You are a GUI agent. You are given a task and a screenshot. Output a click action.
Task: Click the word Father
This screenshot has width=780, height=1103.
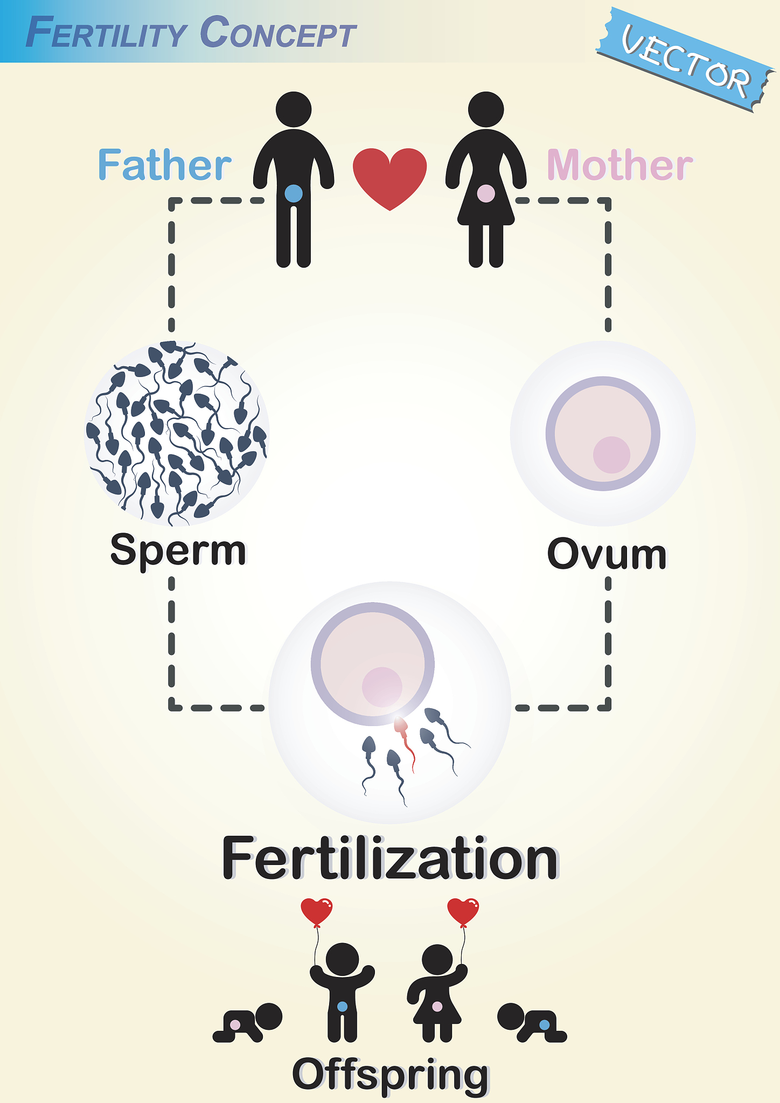tap(164, 165)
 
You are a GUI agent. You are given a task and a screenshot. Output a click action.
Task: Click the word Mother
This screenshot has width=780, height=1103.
tap(619, 165)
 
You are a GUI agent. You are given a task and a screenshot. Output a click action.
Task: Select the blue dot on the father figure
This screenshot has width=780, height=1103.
tap(294, 193)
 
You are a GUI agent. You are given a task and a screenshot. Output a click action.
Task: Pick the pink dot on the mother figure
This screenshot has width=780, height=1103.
tap(486, 193)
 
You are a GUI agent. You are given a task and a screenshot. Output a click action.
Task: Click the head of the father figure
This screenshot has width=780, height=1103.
tap(294, 109)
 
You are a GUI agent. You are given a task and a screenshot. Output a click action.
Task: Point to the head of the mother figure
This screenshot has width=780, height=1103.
tap(486, 109)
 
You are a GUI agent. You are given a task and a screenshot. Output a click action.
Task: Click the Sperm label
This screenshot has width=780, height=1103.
tap(178, 550)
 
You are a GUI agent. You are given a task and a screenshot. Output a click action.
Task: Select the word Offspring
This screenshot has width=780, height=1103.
tap(390, 1075)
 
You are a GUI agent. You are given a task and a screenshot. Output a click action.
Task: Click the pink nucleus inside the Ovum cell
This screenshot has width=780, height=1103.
tap(611, 455)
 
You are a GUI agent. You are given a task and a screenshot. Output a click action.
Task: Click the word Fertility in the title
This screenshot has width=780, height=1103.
tap(106, 33)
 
